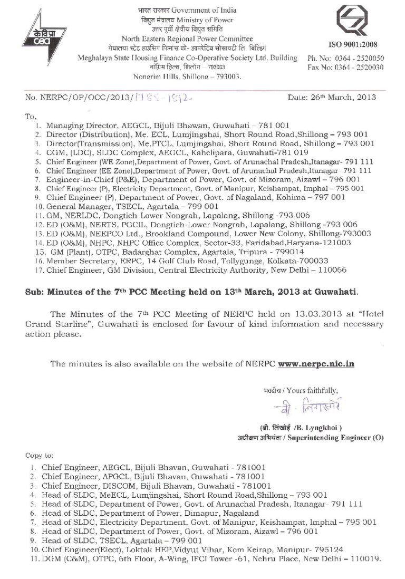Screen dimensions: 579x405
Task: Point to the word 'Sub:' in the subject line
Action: (35, 291)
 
